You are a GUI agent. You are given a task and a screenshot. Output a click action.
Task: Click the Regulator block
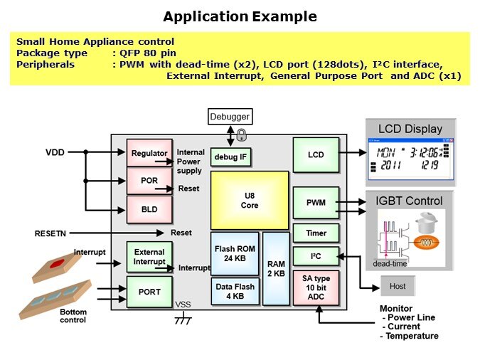click(x=149, y=153)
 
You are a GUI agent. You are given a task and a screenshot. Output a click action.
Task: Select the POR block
click(x=149, y=181)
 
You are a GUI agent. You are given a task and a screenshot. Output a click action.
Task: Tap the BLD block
click(x=149, y=209)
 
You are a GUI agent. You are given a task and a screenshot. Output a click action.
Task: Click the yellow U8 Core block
click(x=249, y=200)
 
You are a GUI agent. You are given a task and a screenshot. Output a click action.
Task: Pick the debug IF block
click(x=230, y=156)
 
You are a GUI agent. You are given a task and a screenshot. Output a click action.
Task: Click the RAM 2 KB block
click(x=275, y=268)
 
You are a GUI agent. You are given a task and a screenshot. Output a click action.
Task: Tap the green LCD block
click(x=316, y=154)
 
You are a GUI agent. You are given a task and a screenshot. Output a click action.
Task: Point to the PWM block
click(x=316, y=203)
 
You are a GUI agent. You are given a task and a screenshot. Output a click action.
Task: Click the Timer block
click(x=316, y=233)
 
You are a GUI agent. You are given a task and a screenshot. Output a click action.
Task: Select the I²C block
click(x=316, y=256)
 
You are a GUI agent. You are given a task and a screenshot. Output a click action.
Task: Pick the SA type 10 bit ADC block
click(x=316, y=287)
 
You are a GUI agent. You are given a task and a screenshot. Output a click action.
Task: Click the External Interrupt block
click(x=149, y=257)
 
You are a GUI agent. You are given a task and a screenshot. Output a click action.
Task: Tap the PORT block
click(x=149, y=292)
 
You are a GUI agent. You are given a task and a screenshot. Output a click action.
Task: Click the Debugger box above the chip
click(x=230, y=116)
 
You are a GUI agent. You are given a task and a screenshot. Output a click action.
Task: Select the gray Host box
click(x=398, y=286)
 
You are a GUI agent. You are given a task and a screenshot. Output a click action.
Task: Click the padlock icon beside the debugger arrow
click(x=242, y=134)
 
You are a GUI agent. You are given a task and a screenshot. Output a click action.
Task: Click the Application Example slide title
click(x=240, y=16)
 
